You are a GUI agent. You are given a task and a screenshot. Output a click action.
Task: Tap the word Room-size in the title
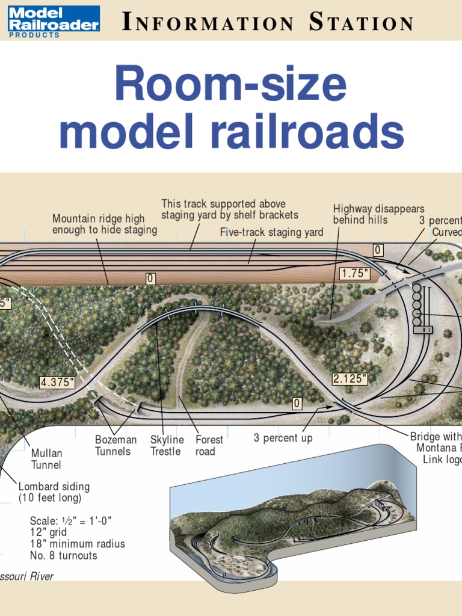click(230, 85)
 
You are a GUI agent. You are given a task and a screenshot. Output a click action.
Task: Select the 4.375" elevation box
click(58, 382)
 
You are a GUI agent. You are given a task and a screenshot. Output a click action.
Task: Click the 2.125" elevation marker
click(350, 379)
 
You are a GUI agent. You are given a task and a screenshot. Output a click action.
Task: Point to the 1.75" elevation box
click(354, 274)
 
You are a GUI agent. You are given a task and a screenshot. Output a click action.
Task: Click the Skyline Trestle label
click(167, 446)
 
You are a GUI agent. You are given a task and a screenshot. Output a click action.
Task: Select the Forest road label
click(209, 446)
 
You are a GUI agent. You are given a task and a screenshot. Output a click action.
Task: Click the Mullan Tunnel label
click(46, 459)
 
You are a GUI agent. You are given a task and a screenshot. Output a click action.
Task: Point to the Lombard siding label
click(54, 492)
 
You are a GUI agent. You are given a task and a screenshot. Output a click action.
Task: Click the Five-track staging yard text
click(271, 232)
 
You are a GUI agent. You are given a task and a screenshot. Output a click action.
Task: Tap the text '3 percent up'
click(283, 438)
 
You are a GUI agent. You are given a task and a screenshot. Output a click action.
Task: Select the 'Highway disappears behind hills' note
click(378, 214)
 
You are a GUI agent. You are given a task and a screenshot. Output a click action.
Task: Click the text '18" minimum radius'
click(78, 544)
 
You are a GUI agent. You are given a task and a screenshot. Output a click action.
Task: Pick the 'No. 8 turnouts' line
click(63, 556)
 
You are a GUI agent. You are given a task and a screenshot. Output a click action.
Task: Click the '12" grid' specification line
click(48, 532)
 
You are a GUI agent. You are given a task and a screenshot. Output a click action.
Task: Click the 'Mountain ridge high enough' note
click(104, 224)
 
